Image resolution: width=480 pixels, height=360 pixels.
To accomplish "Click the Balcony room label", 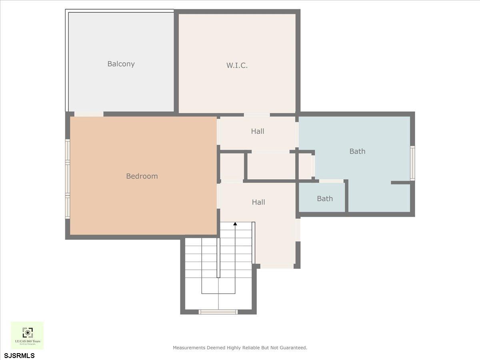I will pos(121,64).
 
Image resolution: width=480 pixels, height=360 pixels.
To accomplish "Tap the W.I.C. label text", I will pos(237,65).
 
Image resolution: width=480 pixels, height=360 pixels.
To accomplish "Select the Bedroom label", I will pos(142,176).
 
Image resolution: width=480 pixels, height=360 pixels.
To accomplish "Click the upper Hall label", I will pos(258,131).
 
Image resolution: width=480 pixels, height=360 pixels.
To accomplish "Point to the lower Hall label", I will pos(258,202).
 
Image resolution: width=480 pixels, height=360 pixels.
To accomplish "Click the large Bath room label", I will pos(357,151).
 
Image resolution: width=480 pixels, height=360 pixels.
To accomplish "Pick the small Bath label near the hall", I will pos(325,198).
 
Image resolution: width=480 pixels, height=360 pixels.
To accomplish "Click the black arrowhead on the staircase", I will pos(235,224).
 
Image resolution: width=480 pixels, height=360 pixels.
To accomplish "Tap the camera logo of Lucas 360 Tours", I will pos(27,332).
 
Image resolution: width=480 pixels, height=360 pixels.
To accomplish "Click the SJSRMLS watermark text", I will pos(19,355).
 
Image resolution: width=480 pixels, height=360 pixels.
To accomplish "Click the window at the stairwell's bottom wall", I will pos(218,312).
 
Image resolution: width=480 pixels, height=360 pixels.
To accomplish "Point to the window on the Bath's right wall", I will pos(412,163).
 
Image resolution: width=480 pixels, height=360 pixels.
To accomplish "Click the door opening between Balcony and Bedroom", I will pos(89,114).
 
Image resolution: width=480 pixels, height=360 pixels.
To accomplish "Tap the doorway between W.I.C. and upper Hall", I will pos(257,115).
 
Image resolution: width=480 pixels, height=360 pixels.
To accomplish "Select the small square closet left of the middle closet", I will pos(232,166).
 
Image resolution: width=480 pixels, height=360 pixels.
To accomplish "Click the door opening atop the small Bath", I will pos(331,181).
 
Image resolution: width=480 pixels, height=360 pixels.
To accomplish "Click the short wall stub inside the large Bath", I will pos(400,183).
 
